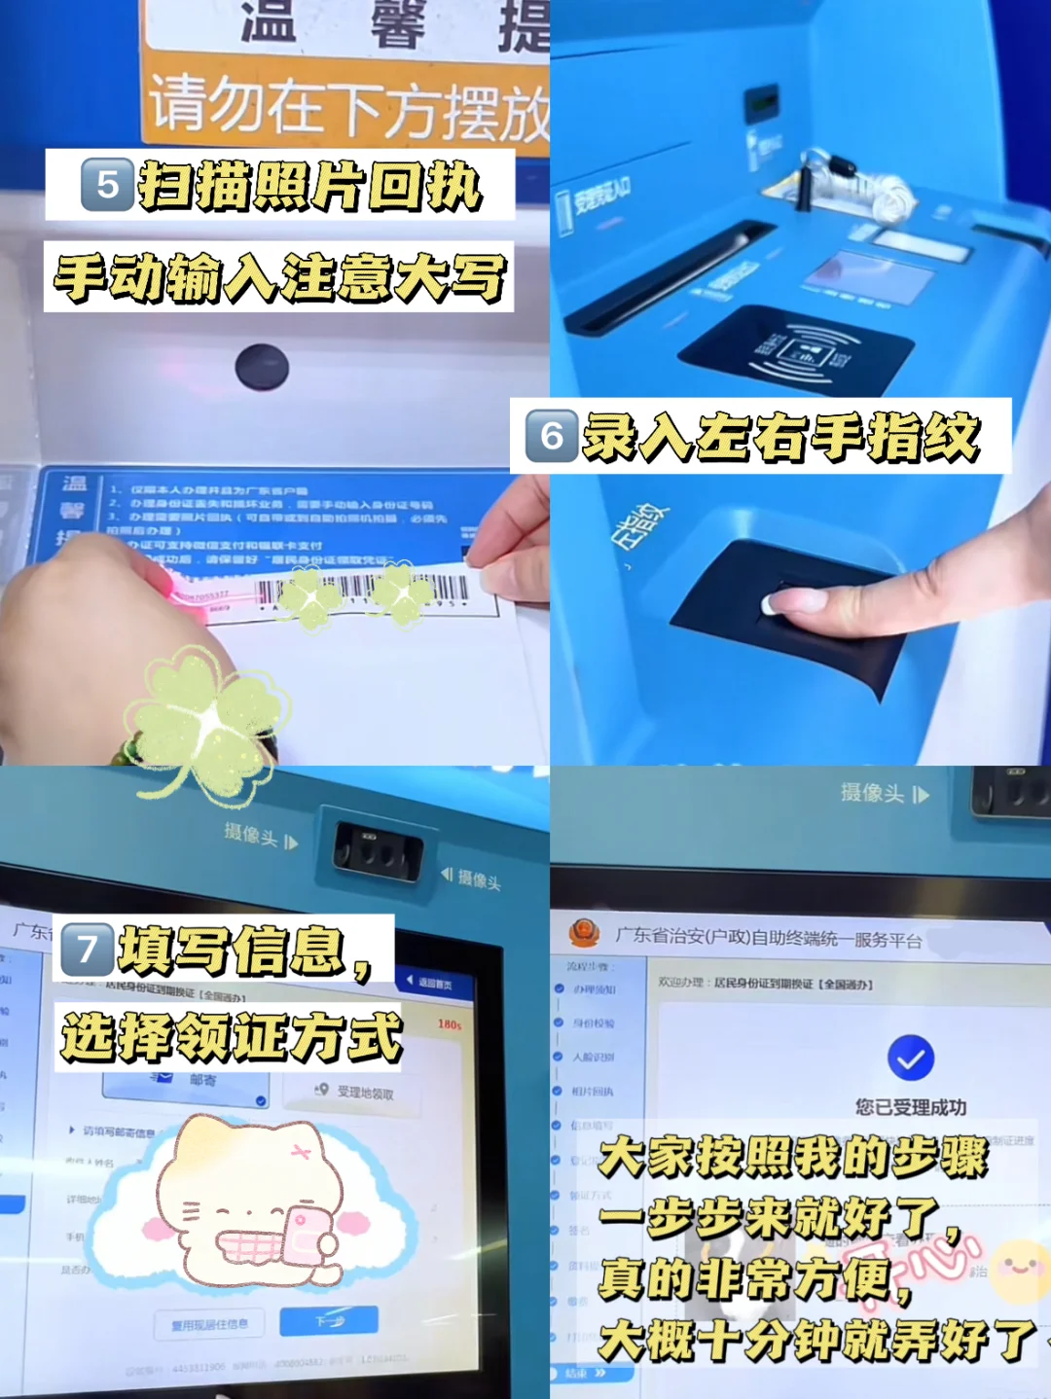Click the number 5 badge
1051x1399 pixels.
click(x=107, y=185)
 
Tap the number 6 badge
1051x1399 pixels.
click(x=552, y=436)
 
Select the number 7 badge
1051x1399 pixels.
click(x=88, y=950)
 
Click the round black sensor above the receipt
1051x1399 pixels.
click(x=262, y=367)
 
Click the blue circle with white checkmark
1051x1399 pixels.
click(x=911, y=1058)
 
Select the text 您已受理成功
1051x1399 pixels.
click(x=911, y=1107)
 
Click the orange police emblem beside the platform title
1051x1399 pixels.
click(x=584, y=933)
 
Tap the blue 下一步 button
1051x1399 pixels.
click(x=329, y=1321)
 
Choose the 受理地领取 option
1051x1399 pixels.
click(x=356, y=1093)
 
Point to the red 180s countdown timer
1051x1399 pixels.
click(x=450, y=1024)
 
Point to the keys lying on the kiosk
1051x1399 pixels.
click(x=856, y=185)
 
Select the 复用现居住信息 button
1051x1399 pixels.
click(x=210, y=1324)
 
